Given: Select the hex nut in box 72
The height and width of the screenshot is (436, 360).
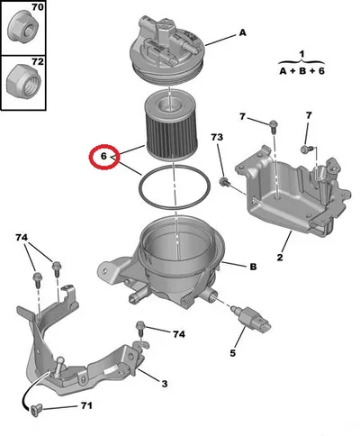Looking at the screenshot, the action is pyautogui.click(x=23, y=80).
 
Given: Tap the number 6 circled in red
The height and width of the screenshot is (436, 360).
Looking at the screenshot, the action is pyautogui.click(x=103, y=157).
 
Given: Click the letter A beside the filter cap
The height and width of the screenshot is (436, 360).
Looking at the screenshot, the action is pyautogui.click(x=242, y=32).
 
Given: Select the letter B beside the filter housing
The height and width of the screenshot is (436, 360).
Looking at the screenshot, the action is pyautogui.click(x=253, y=267).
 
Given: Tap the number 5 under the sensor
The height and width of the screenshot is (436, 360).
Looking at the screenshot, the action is pyautogui.click(x=233, y=353).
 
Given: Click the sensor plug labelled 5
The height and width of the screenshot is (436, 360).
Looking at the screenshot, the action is pyautogui.click(x=251, y=318).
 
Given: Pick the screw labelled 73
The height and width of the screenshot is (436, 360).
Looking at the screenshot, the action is pyautogui.click(x=224, y=181).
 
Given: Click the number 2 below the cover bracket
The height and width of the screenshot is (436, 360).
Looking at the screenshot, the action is pyautogui.click(x=280, y=258).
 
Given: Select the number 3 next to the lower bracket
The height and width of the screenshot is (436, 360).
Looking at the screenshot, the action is pyautogui.click(x=165, y=384).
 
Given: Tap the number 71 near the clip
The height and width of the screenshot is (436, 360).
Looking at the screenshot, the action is pyautogui.click(x=86, y=406).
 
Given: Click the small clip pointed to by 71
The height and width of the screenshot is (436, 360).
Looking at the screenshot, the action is pyautogui.click(x=35, y=410).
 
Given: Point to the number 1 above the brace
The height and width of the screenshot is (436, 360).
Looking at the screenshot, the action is pyautogui.click(x=301, y=54).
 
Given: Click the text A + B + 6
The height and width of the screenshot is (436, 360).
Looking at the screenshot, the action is pyautogui.click(x=302, y=71).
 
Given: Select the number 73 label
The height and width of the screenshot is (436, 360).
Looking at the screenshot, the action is pyautogui.click(x=217, y=137).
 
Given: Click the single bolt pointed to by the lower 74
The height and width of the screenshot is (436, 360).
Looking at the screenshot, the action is pyautogui.click(x=140, y=329).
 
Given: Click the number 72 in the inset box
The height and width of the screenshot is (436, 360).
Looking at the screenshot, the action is pyautogui.click(x=38, y=61).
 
